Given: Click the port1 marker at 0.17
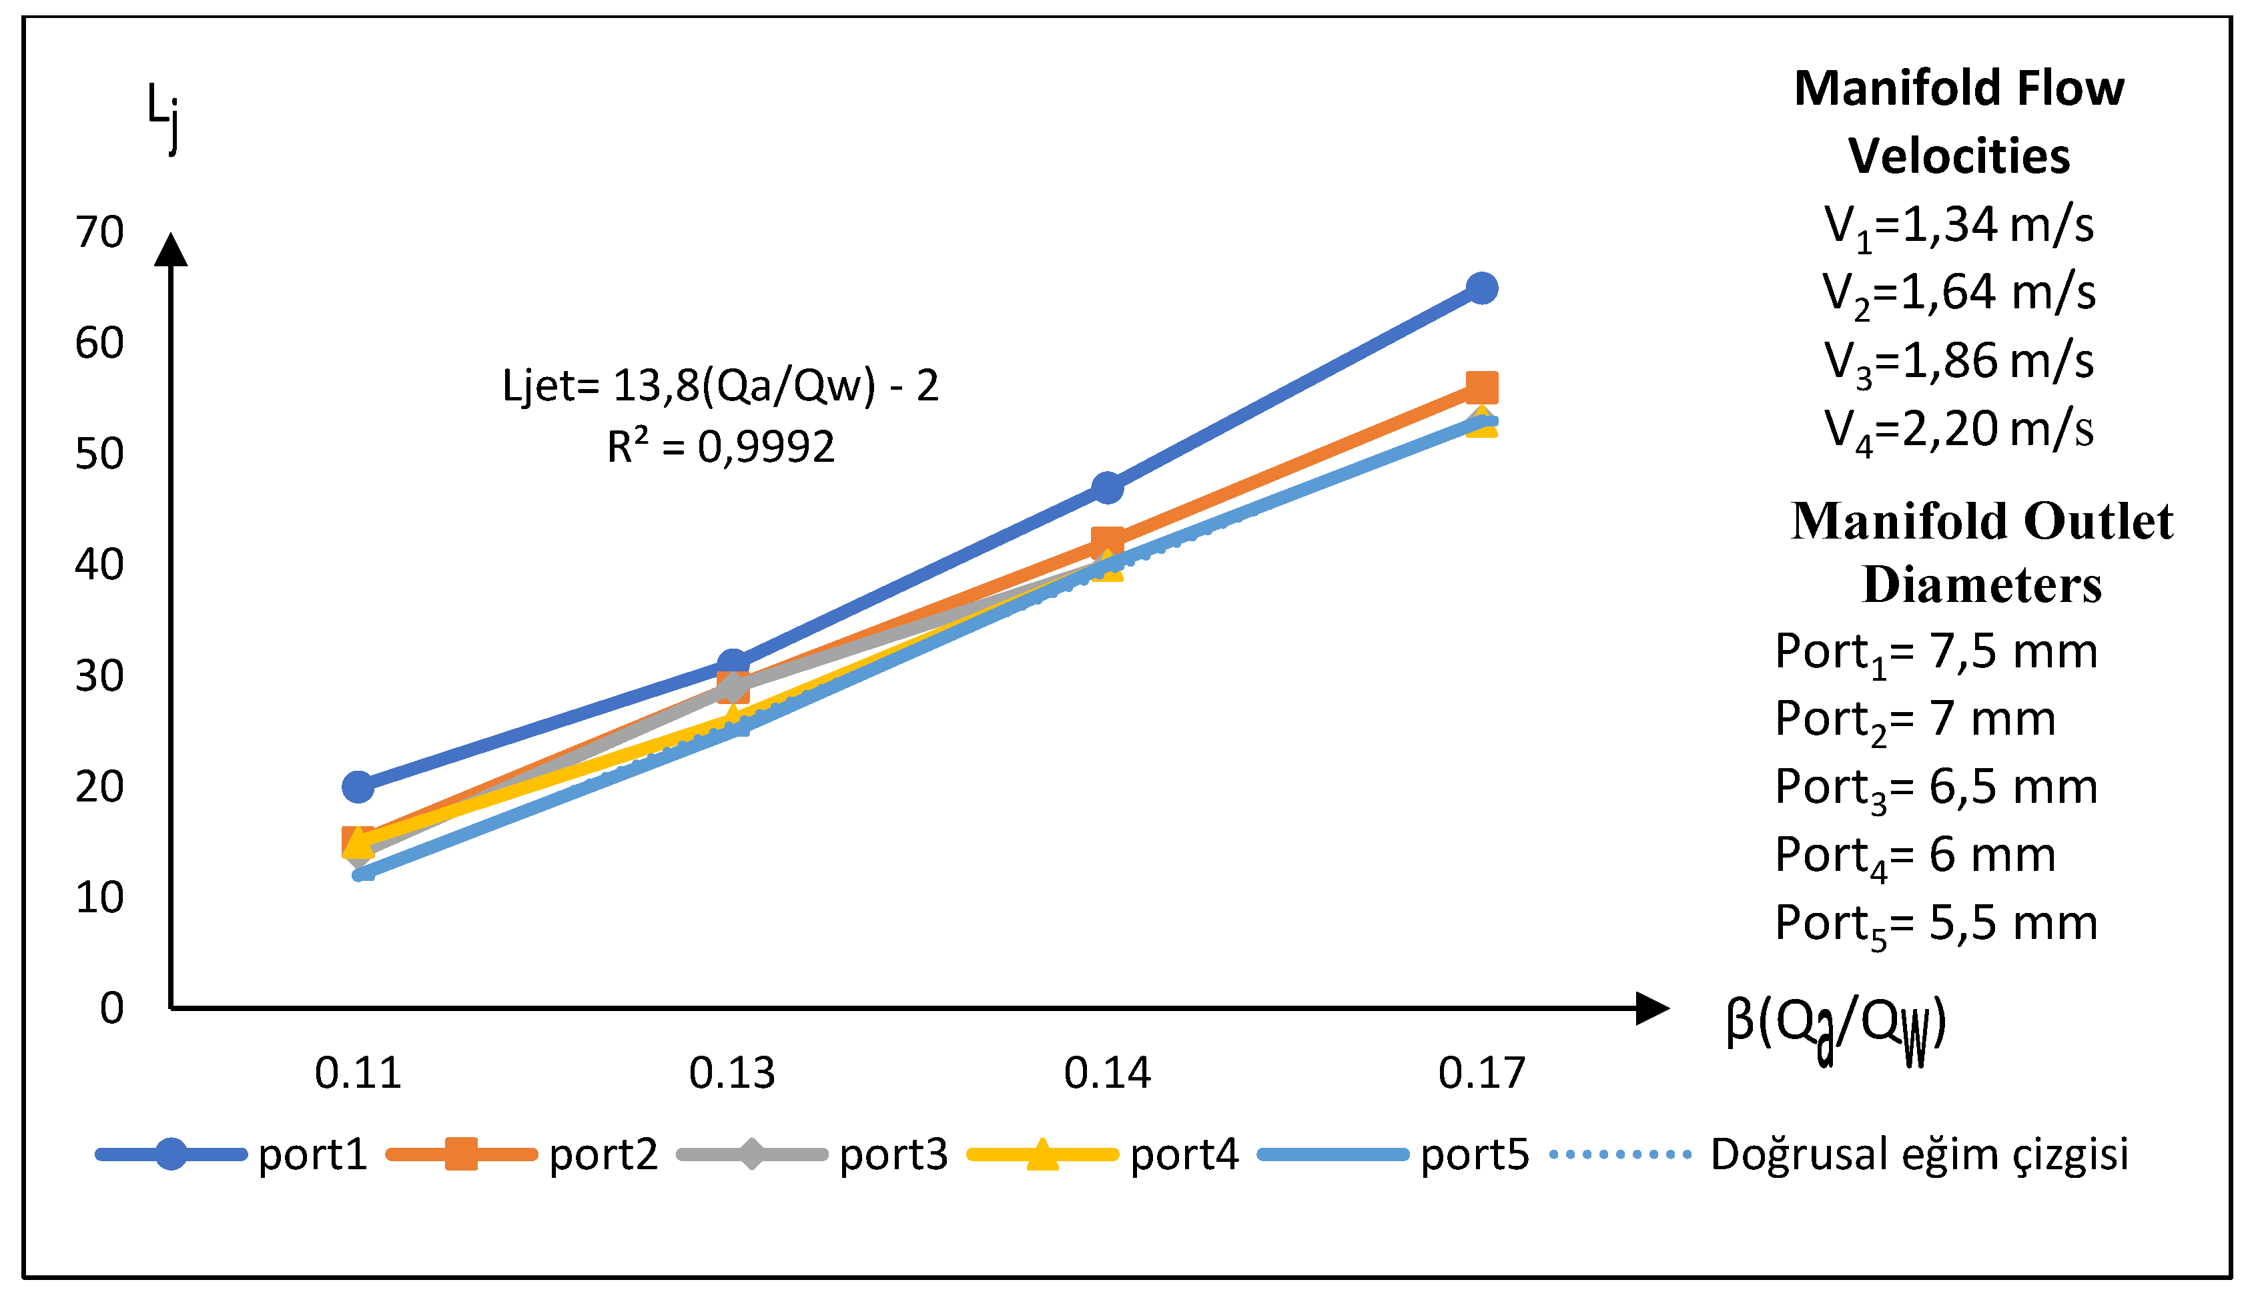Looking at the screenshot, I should coord(1481,288).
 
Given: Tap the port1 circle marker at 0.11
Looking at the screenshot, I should coord(358,787).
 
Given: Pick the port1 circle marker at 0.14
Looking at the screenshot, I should coord(1107,488).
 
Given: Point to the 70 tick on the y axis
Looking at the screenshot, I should coord(99,233).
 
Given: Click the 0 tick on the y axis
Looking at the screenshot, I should coord(111,1008).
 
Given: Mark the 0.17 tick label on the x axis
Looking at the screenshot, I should coord(1481,1074).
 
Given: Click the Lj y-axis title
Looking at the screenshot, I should coord(163,115).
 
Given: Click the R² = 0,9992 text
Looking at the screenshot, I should coord(720,447).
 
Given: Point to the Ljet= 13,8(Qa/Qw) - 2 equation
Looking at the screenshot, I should coord(720,386).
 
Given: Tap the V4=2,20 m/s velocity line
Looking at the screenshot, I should coord(1958,430).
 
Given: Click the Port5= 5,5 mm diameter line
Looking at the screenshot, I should coord(1936,924).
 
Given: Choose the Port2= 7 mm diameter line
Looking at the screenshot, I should coord(1915,719).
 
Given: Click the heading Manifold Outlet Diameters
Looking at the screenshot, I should coord(1981,553).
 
